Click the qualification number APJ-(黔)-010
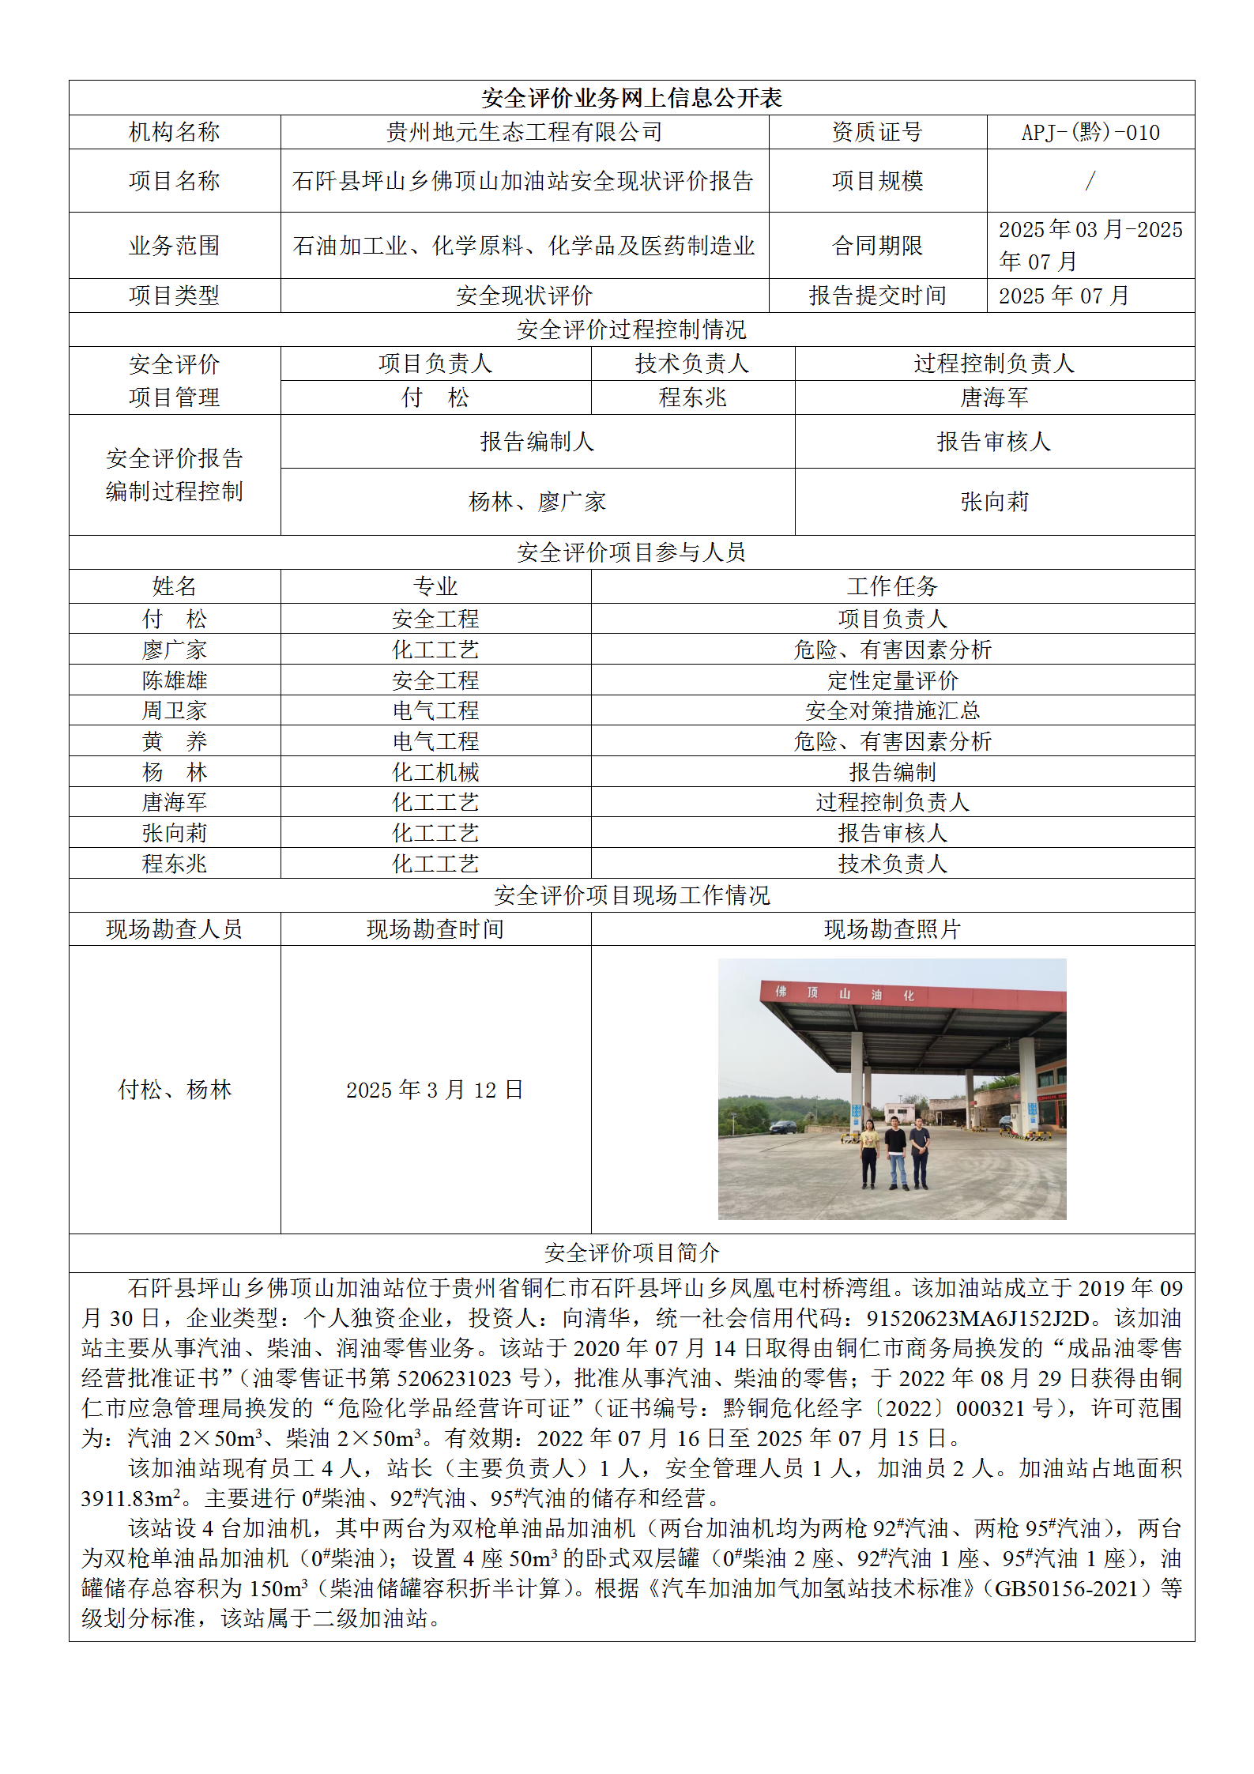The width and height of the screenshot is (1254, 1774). [x=1090, y=132]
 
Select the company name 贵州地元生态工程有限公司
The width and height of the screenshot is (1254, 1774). [x=524, y=132]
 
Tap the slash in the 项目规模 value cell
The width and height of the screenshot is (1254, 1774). [x=1090, y=181]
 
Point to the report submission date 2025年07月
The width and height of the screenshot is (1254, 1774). [x=1064, y=296]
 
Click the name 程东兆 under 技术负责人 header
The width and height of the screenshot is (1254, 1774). [x=692, y=397]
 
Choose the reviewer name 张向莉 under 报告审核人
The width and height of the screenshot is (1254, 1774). [x=994, y=502]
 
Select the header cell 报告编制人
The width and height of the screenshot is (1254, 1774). [x=537, y=442]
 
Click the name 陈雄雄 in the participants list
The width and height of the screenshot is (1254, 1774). [x=175, y=680]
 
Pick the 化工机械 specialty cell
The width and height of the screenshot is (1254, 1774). [x=435, y=772]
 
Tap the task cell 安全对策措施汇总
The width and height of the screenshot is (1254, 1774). [x=892, y=710]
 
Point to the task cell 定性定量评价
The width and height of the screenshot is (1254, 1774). [x=892, y=680]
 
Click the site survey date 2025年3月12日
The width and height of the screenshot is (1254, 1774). [x=435, y=1090]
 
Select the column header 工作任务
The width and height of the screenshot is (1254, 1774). [x=892, y=586]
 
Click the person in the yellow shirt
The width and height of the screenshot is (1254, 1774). [x=869, y=1153]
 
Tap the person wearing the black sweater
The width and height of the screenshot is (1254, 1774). [x=895, y=1151]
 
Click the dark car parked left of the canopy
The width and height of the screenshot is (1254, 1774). [x=782, y=1127]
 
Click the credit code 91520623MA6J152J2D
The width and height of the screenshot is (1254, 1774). [x=977, y=1318]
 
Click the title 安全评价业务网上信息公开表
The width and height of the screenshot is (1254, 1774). [x=631, y=98]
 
